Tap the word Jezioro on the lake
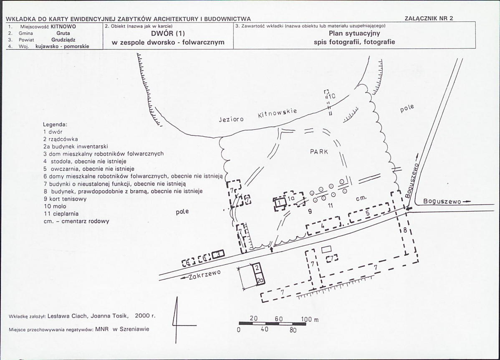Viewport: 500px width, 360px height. [231, 119]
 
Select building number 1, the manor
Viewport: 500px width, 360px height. [280, 203]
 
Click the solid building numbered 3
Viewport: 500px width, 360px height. [218, 254]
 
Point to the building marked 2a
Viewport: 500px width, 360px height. [260, 280]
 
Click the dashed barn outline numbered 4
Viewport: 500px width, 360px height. [323, 226]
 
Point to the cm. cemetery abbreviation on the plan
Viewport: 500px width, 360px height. [361, 198]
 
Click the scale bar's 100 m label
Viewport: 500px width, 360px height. [309, 319]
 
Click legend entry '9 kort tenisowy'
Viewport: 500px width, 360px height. [65, 199]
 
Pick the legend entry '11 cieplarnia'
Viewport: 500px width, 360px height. [61, 213]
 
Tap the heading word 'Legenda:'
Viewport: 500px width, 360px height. [55, 124]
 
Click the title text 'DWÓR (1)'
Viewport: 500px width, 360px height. [168, 33]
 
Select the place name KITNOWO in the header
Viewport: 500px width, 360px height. [63, 26]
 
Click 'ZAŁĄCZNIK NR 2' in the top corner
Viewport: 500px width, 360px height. [429, 18]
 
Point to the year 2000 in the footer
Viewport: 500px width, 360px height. [143, 316]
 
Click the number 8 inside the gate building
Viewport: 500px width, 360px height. [405, 229]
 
